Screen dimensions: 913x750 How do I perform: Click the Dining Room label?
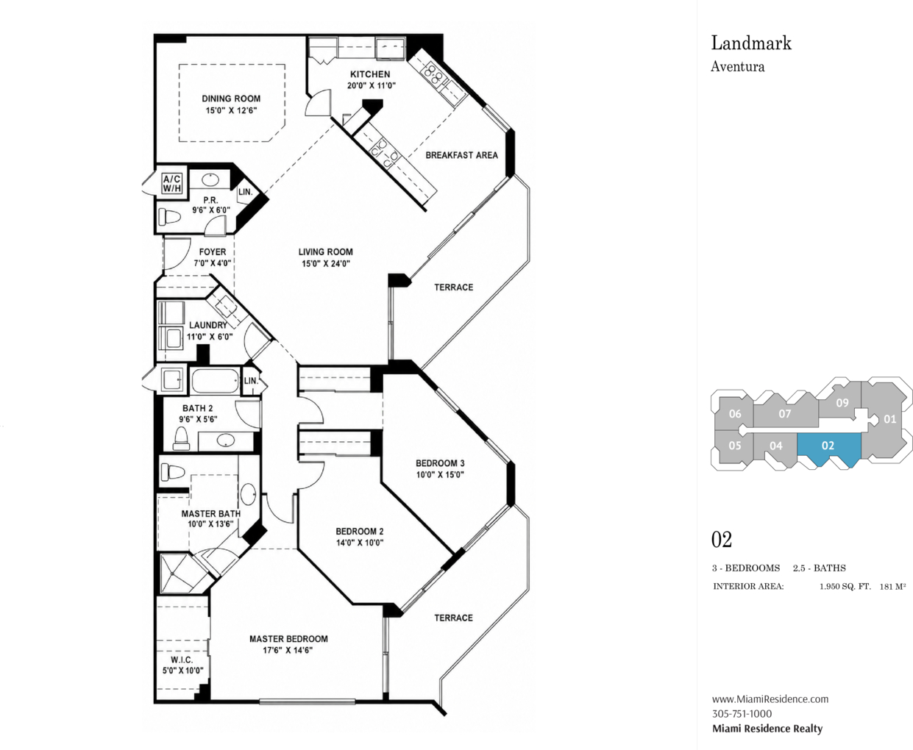point(231,99)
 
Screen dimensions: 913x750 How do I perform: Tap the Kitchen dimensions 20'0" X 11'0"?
point(372,86)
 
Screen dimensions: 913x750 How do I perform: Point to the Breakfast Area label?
point(461,155)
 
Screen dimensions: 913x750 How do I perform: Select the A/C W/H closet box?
point(172,184)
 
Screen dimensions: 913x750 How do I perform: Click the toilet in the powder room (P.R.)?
point(169,216)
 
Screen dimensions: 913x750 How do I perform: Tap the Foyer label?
point(213,252)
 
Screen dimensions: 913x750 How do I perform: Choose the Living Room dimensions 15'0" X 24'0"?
point(325,263)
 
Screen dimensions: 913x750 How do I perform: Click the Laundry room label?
point(208,325)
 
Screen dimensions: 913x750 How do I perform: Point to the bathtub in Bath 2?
point(215,380)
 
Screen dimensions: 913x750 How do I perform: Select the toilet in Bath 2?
point(182,438)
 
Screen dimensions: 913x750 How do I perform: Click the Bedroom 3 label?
point(440,463)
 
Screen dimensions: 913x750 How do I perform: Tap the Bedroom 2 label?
point(360,532)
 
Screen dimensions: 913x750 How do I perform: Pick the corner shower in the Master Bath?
point(182,573)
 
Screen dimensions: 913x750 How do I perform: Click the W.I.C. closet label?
point(182,660)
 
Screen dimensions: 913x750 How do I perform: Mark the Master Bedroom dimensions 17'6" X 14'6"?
point(288,650)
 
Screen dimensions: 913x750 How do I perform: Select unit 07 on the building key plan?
point(785,414)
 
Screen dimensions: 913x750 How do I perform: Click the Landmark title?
point(751,43)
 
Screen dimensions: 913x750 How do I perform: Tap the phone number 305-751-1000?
point(742,714)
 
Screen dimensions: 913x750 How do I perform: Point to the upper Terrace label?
point(454,287)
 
